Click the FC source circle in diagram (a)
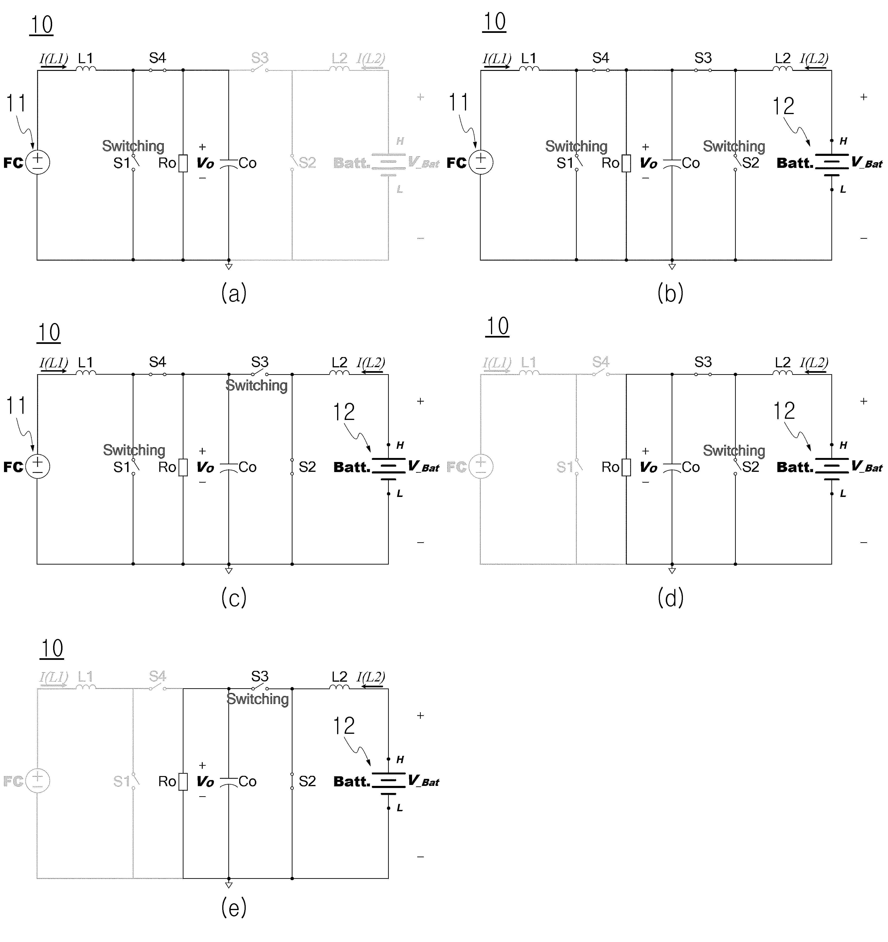pyautogui.click(x=37, y=162)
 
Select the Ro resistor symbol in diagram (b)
pyautogui.click(x=626, y=163)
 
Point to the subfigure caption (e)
pyautogui.click(x=234, y=907)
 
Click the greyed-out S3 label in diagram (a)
pyautogui.click(x=260, y=58)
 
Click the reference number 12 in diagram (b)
pyautogui.click(x=783, y=106)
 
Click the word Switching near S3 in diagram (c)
pyautogui.click(x=257, y=385)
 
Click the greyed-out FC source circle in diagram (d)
pyautogui.click(x=481, y=467)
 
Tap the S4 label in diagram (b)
pyautogui.click(x=601, y=58)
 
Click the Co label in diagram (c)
pyautogui.click(x=247, y=467)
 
